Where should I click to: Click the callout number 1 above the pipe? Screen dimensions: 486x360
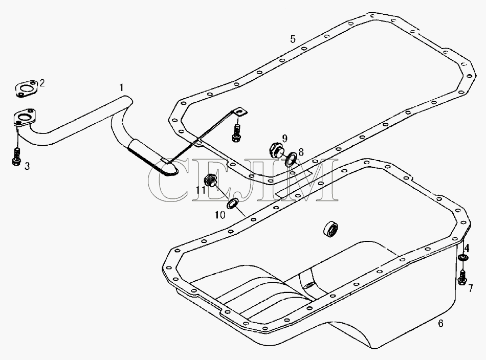122,87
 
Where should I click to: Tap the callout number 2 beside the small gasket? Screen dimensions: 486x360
42,83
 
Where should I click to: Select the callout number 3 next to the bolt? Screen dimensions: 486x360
27,166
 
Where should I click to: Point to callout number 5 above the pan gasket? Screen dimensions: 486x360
293,39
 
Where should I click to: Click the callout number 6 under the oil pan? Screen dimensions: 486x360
440,324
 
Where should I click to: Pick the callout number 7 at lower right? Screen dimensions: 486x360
471,288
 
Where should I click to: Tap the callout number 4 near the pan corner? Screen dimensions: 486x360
467,248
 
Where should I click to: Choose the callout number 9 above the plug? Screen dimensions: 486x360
284,138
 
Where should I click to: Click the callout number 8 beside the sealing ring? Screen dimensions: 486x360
301,152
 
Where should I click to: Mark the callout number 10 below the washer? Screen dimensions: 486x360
220,215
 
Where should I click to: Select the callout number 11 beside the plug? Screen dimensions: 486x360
201,190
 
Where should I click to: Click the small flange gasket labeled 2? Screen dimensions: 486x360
26,89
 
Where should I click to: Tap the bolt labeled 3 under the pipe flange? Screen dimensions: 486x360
17,157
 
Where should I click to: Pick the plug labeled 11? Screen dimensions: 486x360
211,181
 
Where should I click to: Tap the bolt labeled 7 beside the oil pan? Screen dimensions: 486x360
462,278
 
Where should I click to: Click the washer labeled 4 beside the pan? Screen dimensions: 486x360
463,257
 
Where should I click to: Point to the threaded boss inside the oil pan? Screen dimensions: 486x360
330,230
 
